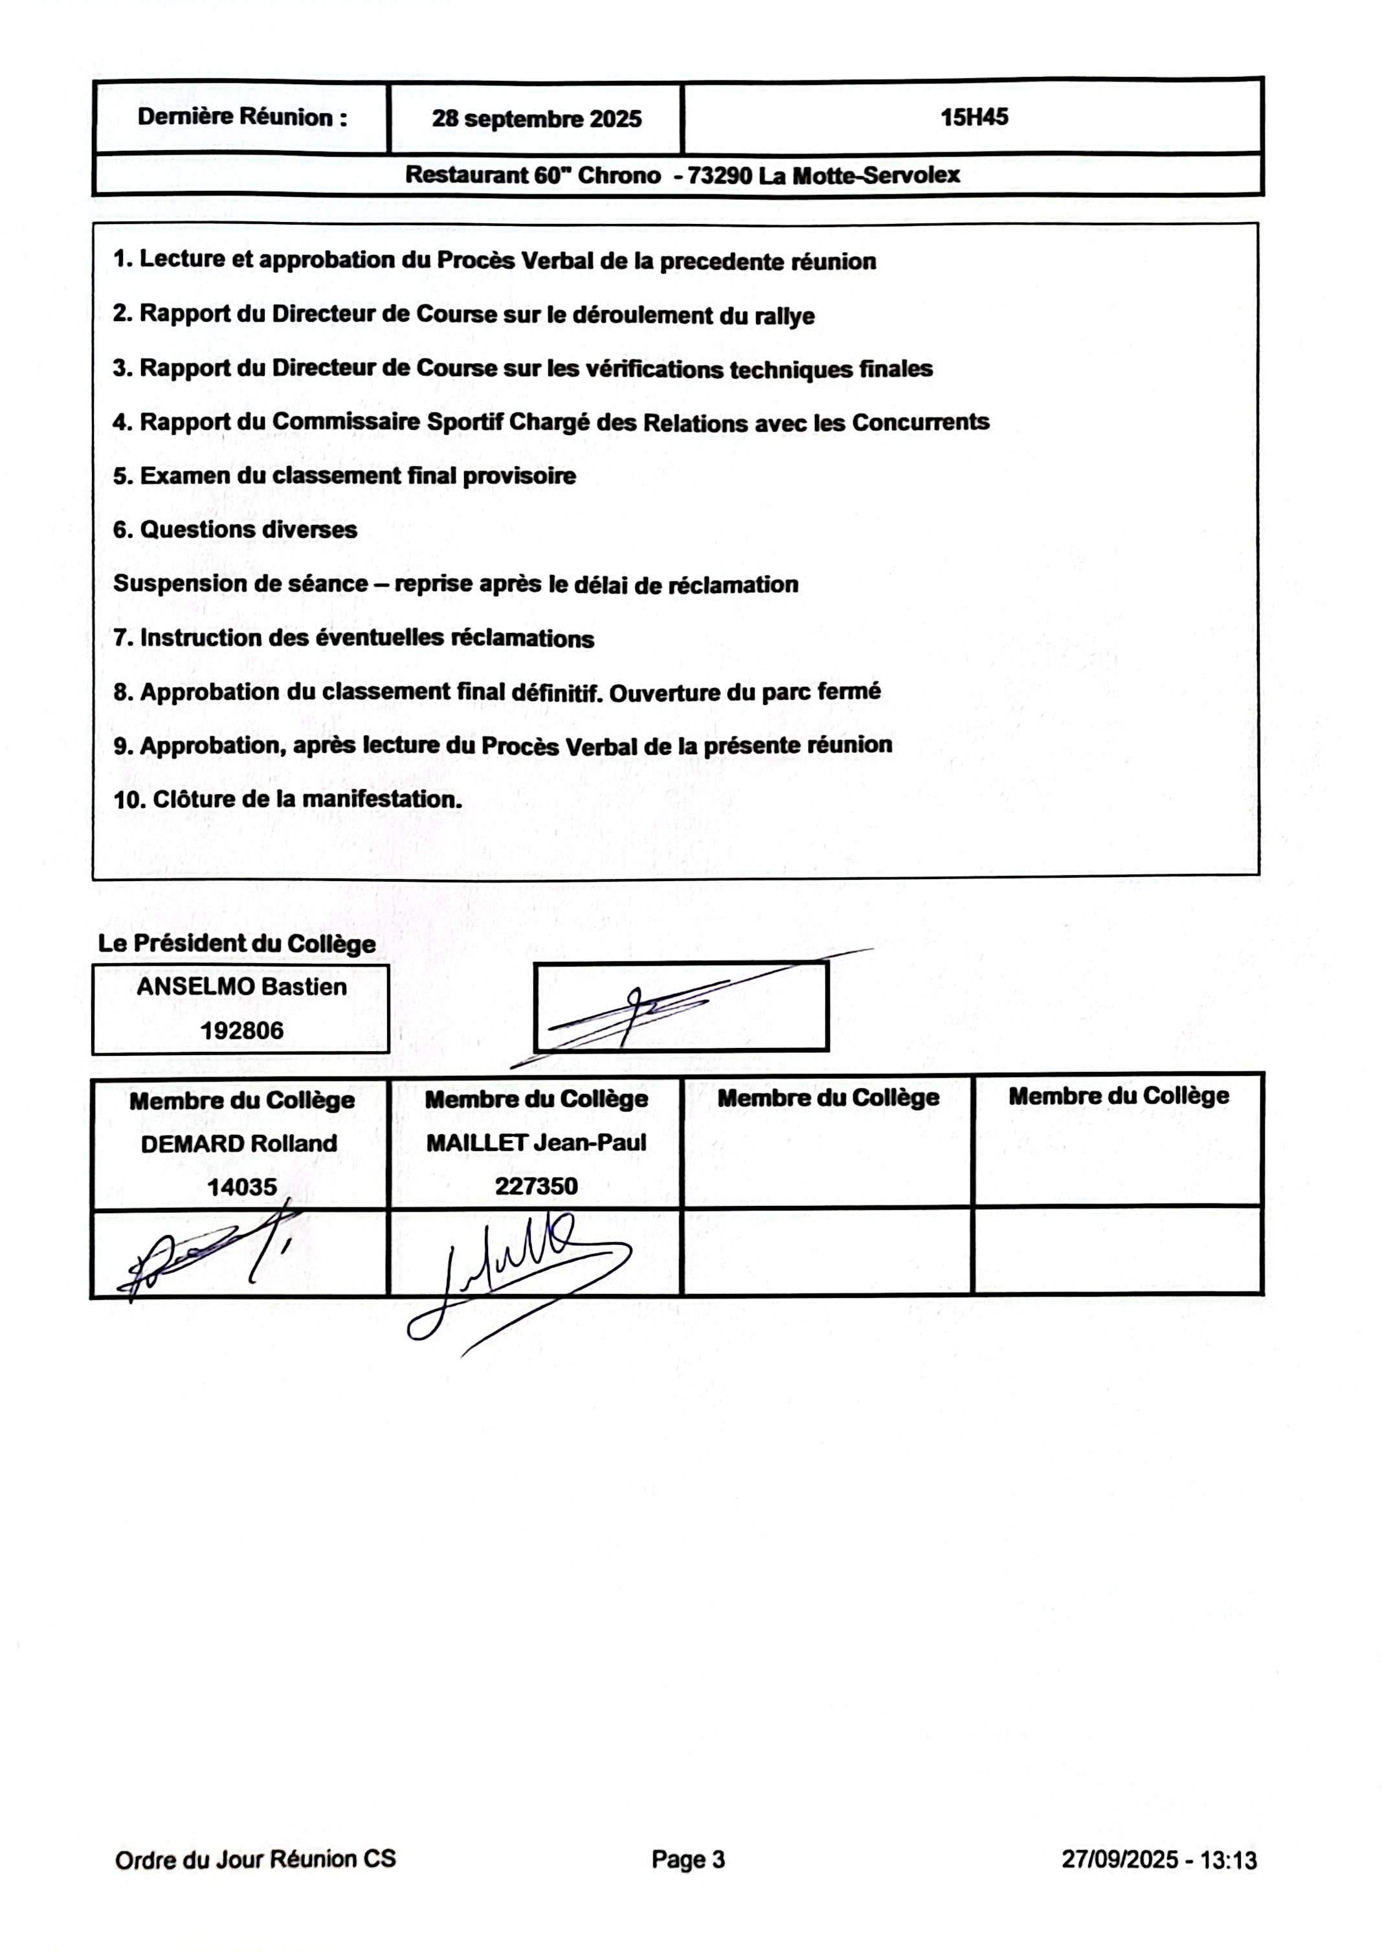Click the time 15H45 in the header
tap(974, 117)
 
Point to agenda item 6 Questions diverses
tap(235, 530)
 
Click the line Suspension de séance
tap(455, 584)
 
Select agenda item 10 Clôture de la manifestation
tap(287, 799)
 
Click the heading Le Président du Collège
tap(236, 944)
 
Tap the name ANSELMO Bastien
tap(241, 987)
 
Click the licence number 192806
tap(241, 1031)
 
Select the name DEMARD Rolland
tap(239, 1144)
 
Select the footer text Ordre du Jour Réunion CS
tap(255, 1859)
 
